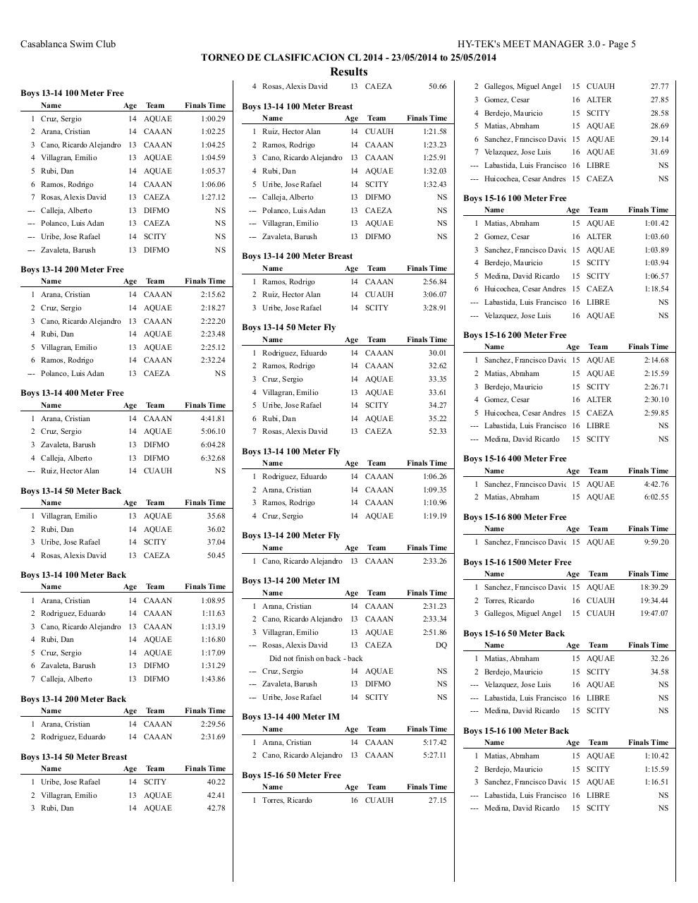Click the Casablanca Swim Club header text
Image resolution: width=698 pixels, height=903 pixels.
(x=68, y=44)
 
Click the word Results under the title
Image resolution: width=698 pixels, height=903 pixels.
(x=348, y=71)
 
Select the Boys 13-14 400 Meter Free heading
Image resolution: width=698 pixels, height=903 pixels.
(x=72, y=393)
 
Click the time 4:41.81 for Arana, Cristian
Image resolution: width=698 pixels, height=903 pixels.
(x=212, y=418)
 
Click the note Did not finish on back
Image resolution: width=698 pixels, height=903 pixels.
(x=316, y=658)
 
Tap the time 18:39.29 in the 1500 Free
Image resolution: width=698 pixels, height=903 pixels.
(x=654, y=587)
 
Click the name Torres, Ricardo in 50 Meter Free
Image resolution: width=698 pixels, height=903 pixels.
(x=286, y=800)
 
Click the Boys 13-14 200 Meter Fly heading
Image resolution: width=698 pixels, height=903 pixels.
(x=290, y=535)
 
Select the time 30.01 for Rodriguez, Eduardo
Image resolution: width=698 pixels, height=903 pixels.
(x=437, y=353)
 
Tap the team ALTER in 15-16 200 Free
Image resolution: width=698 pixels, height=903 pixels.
(x=599, y=399)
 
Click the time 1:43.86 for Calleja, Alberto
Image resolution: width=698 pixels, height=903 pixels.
(x=212, y=679)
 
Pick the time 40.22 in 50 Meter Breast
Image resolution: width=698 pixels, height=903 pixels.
(x=216, y=782)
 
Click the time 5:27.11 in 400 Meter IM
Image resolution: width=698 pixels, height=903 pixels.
(x=433, y=755)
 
